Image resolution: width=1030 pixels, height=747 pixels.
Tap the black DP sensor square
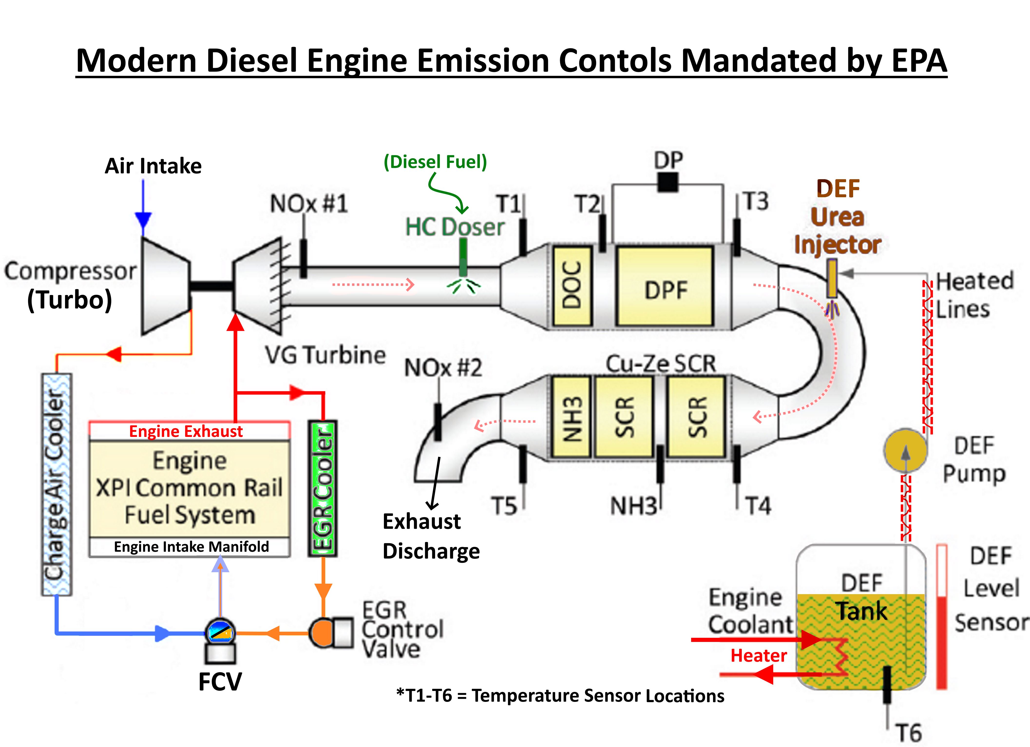point(668,183)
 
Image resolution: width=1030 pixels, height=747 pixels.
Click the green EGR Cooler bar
point(323,489)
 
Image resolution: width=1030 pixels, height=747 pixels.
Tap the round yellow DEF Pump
point(905,450)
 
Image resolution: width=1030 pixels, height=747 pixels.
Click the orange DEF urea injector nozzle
point(831,278)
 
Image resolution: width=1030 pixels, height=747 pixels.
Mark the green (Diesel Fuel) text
point(435,162)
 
